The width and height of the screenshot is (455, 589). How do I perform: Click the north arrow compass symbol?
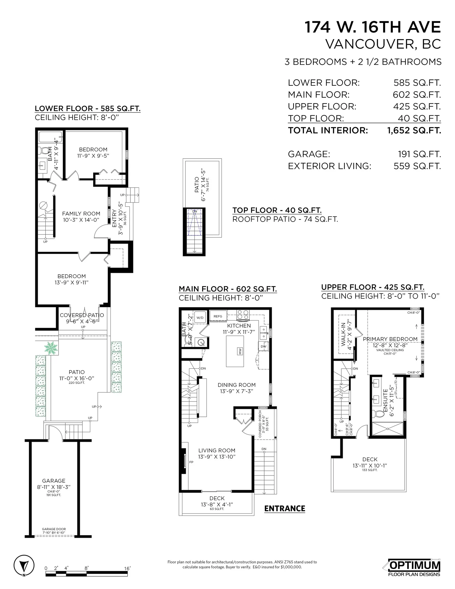[24, 566]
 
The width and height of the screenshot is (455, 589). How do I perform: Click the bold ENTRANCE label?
[285, 509]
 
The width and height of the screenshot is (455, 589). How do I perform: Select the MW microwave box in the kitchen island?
[240, 351]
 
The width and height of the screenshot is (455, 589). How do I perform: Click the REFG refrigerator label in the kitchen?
[218, 316]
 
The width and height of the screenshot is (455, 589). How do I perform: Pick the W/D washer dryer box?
[200, 318]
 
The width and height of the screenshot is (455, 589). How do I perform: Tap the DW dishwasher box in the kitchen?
[264, 347]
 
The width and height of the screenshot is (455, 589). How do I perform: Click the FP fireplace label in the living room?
[191, 462]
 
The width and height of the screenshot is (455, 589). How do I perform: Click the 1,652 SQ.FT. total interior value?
[414, 131]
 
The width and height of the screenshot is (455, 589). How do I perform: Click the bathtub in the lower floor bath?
[50, 137]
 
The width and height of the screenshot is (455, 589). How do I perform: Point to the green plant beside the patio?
[51, 348]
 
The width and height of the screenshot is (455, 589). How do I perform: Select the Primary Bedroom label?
[390, 339]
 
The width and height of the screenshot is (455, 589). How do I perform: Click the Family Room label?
[81, 214]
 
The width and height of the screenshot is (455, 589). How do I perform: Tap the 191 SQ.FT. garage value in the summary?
[419, 154]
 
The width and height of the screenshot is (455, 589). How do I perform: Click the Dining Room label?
[236, 385]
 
